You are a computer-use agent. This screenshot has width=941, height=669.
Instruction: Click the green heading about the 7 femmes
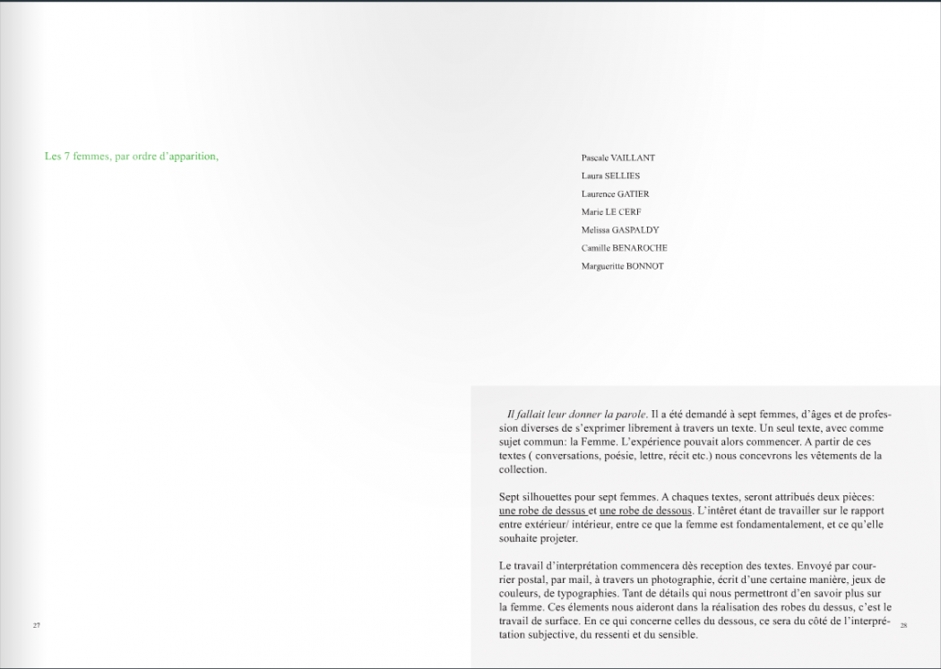132,157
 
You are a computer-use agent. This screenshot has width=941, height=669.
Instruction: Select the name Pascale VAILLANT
617,158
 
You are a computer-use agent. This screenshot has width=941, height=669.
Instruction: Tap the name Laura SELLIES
610,176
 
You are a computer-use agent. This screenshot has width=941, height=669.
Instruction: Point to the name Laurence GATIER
615,193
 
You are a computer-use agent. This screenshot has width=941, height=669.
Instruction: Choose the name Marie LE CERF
611,212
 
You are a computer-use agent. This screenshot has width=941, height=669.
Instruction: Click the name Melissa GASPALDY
619,230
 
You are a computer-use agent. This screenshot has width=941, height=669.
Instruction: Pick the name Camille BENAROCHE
624,248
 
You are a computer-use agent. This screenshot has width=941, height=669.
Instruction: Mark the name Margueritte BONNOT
622,266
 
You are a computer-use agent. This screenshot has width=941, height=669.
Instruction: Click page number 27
37,624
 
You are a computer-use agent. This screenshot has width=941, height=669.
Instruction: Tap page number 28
903,625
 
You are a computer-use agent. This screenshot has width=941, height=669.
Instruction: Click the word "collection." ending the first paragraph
522,469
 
